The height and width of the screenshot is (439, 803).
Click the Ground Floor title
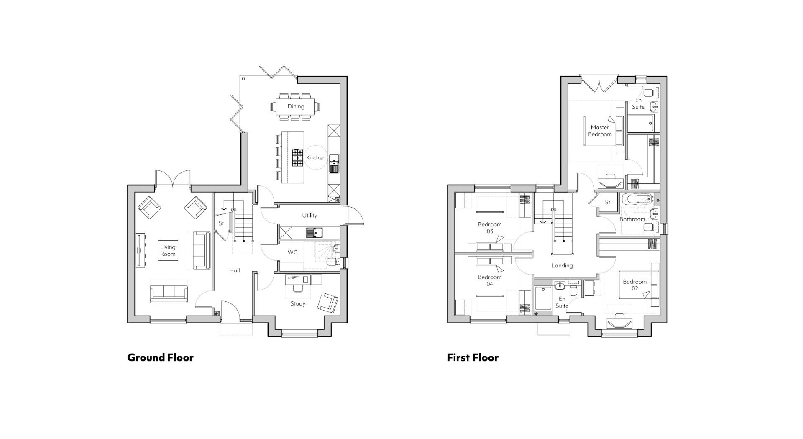coord(160,357)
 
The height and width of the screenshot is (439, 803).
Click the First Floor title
coord(473,357)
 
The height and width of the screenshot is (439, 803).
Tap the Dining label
coord(296,106)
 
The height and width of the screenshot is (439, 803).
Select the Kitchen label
coord(316,158)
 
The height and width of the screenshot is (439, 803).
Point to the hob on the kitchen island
coord(297,158)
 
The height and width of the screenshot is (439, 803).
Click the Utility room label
coord(309,216)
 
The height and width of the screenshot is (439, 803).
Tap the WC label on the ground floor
coord(292,252)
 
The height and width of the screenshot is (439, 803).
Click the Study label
coord(298,303)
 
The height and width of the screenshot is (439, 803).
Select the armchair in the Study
coord(327,303)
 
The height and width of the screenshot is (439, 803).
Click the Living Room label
coord(168,251)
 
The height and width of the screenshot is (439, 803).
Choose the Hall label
coord(235,270)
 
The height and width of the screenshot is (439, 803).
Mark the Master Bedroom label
coord(600,131)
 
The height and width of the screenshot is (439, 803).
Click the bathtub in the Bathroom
coord(637,199)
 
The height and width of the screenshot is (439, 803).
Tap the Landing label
coord(562,265)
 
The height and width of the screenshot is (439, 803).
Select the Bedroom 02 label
coord(634,285)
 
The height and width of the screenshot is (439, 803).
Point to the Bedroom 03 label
coord(490,228)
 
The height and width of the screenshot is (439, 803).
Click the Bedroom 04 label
coord(490,280)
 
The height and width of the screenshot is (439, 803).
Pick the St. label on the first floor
coord(608,203)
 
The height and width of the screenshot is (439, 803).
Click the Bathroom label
coord(632,219)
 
